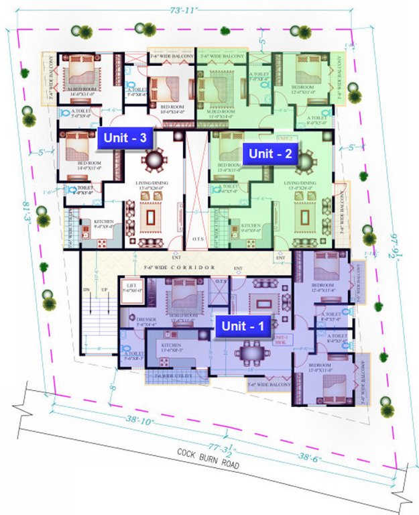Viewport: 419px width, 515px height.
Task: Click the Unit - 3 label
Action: [127, 137]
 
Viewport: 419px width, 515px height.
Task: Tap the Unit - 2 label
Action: [270, 153]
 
